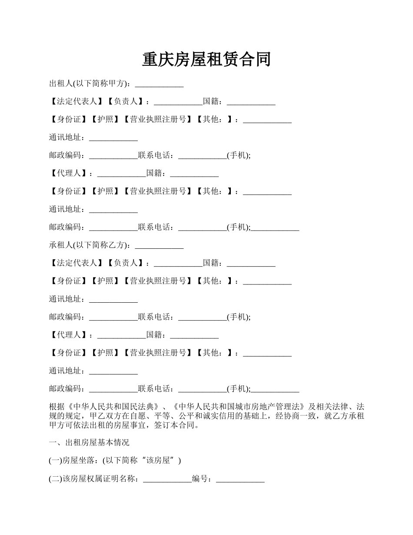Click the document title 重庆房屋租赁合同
tap(206, 60)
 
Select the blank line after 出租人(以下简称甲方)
tap(160, 84)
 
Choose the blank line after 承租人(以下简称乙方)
tap(160, 245)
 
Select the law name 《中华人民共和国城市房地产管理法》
tap(239, 407)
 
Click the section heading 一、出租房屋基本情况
tap(89, 443)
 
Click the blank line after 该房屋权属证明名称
tap(167, 479)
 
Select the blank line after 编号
tap(240, 479)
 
